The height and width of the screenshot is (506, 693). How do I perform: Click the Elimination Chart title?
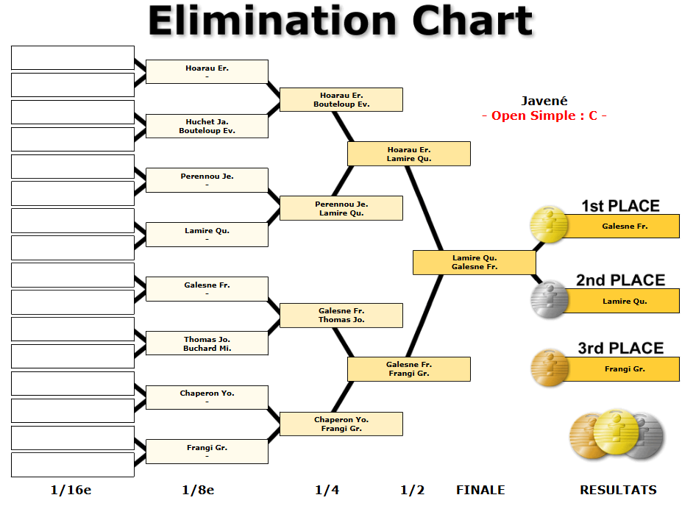point(340,21)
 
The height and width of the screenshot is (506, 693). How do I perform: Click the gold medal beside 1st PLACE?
point(550,224)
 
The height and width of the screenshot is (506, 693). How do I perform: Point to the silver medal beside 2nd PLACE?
point(550,299)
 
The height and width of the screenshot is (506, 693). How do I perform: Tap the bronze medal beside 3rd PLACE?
point(550,368)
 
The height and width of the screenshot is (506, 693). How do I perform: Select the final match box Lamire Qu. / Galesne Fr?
point(474,263)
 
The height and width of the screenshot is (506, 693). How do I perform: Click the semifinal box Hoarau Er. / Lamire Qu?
point(408,154)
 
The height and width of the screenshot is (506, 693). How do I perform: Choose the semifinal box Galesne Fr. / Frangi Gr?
point(408,369)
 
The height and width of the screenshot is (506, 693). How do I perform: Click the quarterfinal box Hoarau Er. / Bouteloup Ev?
point(341,100)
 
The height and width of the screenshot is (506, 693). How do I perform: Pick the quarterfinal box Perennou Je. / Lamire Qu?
point(341,208)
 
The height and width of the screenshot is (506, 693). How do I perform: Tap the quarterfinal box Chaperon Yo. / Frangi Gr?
point(341,424)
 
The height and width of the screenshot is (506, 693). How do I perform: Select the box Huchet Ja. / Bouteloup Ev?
point(207,126)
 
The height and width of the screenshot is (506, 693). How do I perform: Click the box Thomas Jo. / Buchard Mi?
point(207,343)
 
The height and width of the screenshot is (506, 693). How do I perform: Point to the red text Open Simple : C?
point(544,116)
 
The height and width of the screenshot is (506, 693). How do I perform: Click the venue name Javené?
point(544,101)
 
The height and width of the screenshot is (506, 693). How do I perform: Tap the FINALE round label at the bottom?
point(480,490)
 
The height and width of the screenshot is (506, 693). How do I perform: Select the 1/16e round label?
point(71,490)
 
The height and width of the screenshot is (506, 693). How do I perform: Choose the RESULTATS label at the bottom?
point(618,490)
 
